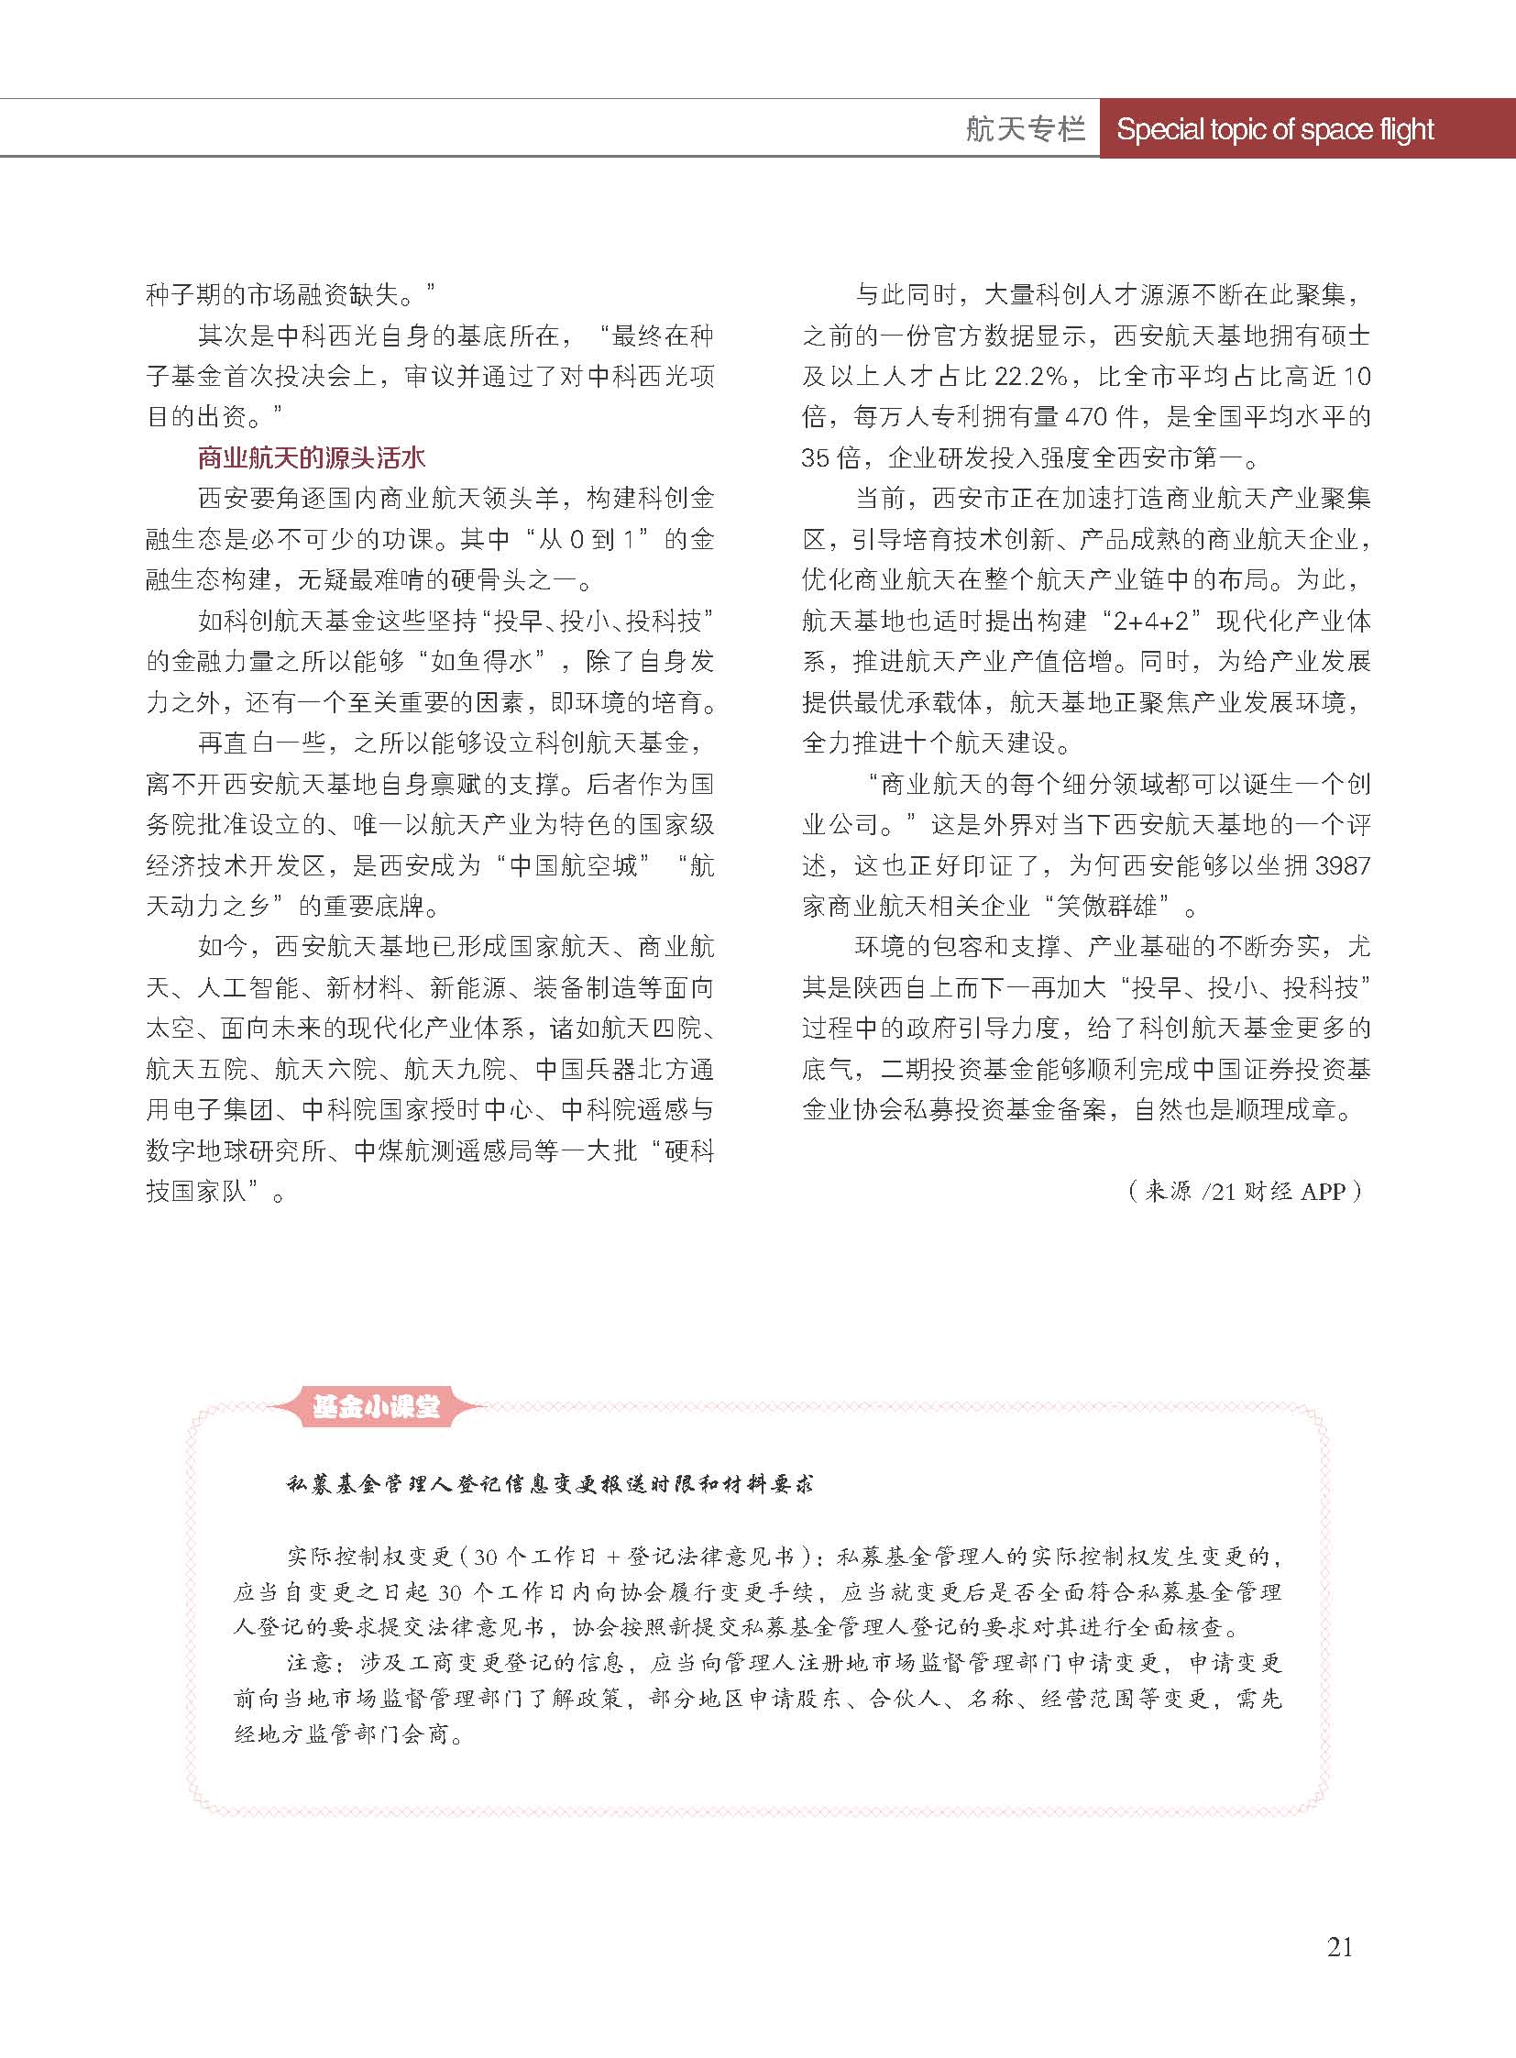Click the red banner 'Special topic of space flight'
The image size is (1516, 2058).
click(1275, 129)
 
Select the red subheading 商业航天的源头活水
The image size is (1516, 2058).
click(312, 457)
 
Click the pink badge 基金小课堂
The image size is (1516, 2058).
click(376, 1407)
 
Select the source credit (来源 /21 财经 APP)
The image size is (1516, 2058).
click(1247, 1192)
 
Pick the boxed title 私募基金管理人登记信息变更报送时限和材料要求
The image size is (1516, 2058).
click(550, 1484)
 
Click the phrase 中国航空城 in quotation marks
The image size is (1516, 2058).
click(573, 865)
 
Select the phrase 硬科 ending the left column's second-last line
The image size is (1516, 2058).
click(688, 1151)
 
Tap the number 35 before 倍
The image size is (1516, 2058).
click(816, 457)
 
